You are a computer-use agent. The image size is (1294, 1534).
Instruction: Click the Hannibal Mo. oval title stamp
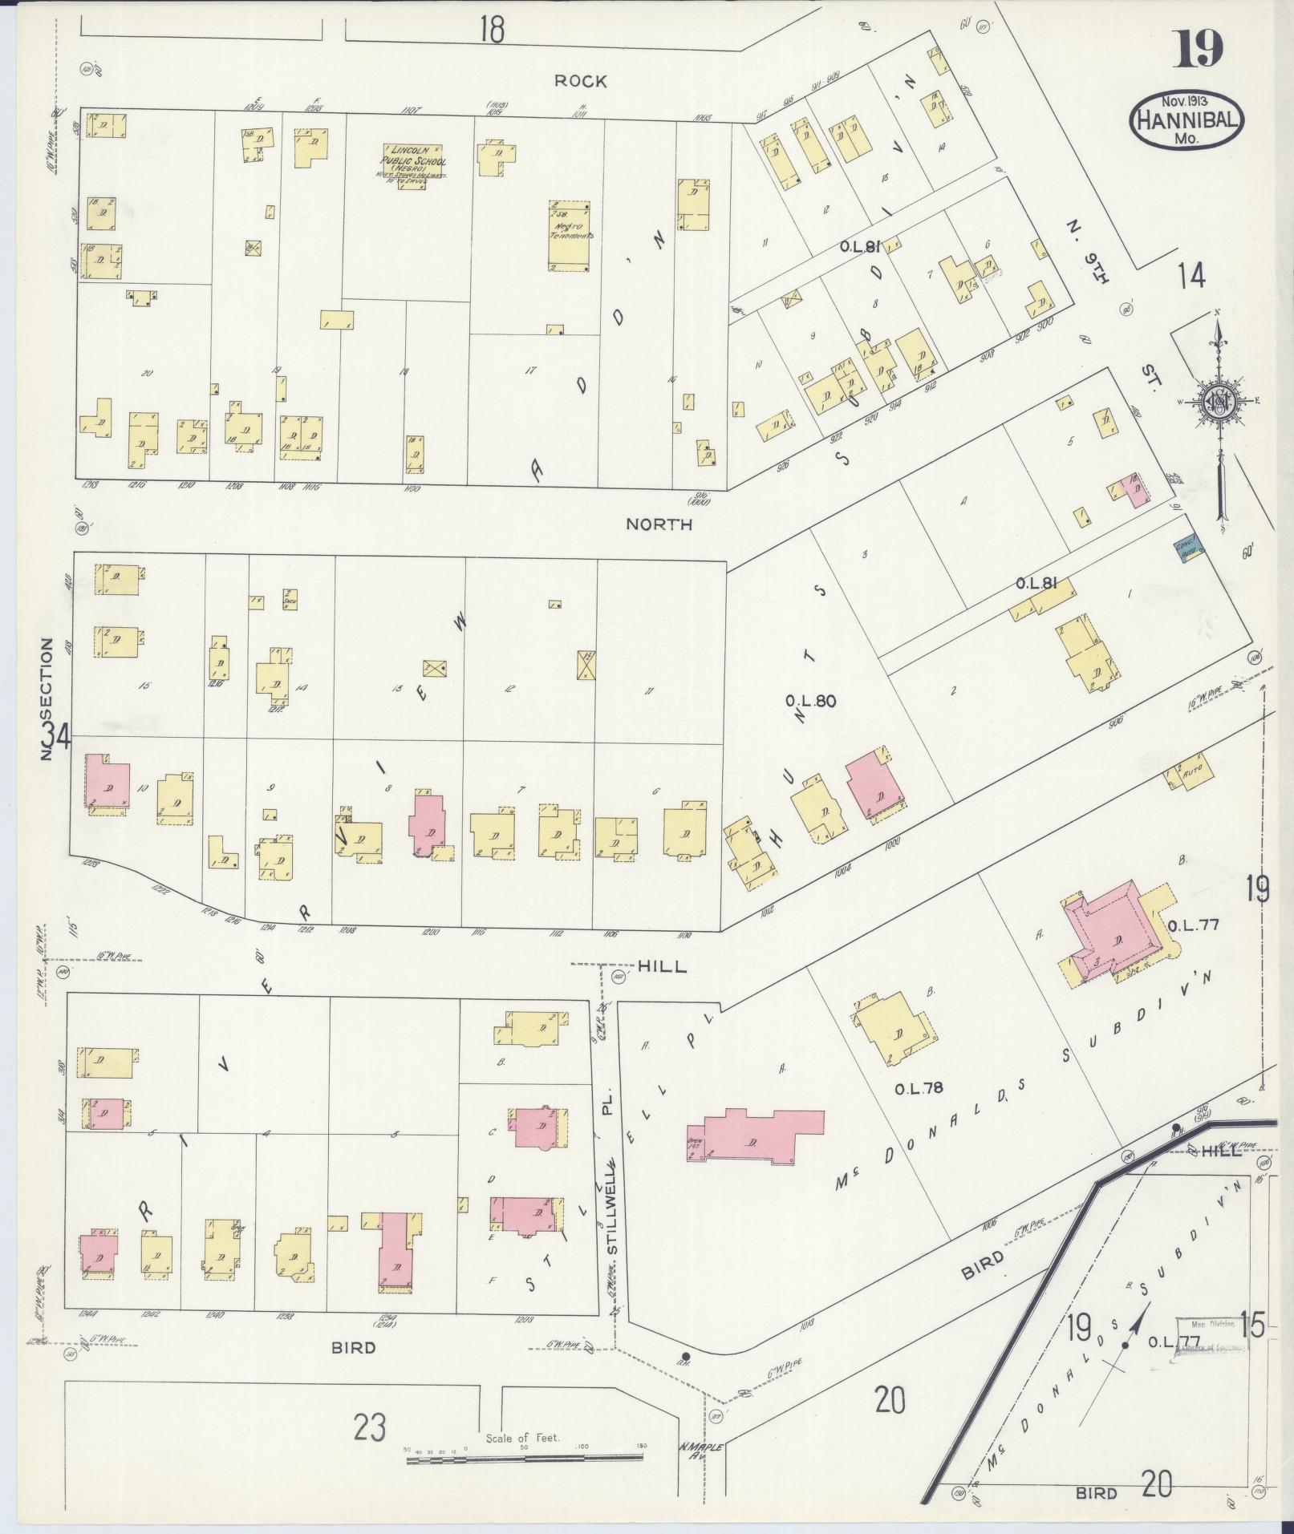[x=1186, y=120]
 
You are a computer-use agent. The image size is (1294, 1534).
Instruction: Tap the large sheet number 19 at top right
[x=1199, y=49]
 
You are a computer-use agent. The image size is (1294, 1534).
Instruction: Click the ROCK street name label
[x=580, y=81]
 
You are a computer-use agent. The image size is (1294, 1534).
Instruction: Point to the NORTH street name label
[x=659, y=524]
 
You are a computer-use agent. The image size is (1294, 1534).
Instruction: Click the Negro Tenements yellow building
[x=569, y=235]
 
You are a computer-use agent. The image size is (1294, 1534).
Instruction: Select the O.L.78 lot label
[x=919, y=1088]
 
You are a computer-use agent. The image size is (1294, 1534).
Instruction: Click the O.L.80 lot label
[x=811, y=701]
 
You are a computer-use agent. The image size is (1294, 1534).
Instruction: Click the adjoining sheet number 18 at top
[x=492, y=30]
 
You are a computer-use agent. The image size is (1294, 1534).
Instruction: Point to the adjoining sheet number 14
[x=1191, y=276]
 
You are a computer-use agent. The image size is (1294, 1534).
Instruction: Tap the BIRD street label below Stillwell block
[x=354, y=1348]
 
